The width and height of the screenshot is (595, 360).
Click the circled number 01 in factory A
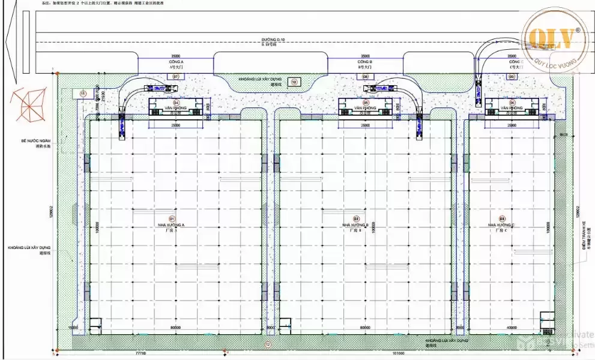click(171, 218)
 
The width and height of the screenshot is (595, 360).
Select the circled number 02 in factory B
click(356, 218)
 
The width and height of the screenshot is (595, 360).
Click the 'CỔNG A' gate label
click(177, 62)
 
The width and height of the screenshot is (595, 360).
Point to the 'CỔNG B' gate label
click(365, 62)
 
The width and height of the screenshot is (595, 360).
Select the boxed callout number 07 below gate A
click(176, 77)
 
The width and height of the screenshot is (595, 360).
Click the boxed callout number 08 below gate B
click(365, 77)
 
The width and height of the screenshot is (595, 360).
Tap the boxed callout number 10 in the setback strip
click(294, 81)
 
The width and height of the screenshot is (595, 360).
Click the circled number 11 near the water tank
click(83, 93)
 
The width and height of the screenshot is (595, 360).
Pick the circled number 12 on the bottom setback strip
click(268, 344)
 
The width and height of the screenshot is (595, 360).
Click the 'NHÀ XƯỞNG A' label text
click(171, 224)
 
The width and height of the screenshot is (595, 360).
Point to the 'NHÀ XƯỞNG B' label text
click(356, 224)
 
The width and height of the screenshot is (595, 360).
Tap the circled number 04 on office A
click(176, 103)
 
